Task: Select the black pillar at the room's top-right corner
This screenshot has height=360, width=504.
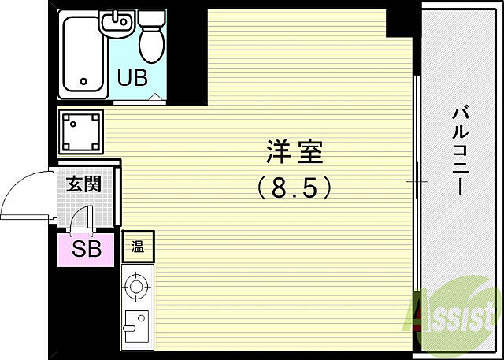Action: pyautogui.click(x=400, y=23)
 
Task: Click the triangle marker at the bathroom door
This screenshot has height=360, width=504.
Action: pyautogui.click(x=155, y=98)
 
